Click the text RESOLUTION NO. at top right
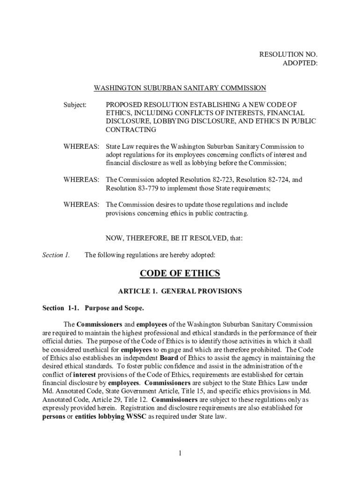click(288, 55)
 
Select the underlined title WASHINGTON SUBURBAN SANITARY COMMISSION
click(180, 88)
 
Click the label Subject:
click(75, 105)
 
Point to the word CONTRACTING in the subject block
click(131, 130)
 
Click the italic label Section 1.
click(56, 255)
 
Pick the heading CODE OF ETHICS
click(180, 274)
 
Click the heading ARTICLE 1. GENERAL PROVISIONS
click(180, 291)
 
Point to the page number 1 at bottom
click(180, 453)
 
